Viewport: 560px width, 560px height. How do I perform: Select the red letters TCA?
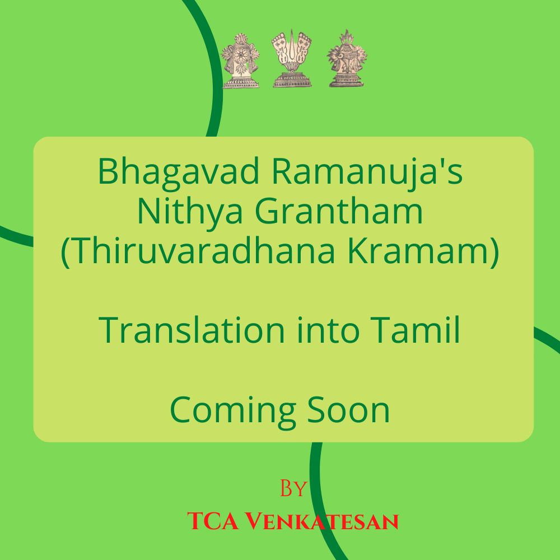(x=212, y=521)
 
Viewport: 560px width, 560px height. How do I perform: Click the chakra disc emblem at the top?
(x=240, y=60)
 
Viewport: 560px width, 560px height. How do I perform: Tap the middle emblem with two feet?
(x=292, y=58)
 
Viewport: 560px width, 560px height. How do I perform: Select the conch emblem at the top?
(x=347, y=59)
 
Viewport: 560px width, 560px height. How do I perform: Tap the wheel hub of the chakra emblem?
(x=241, y=55)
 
